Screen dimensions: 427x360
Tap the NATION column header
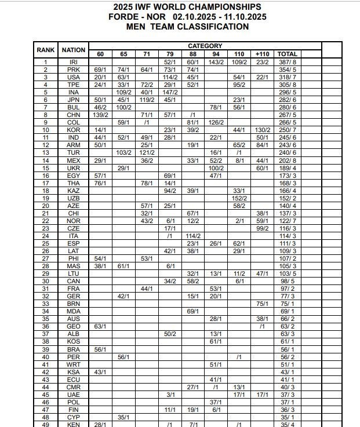(x=74, y=50)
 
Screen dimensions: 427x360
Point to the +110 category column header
(x=262, y=54)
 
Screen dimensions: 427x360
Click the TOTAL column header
(x=288, y=54)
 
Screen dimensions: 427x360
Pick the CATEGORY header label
(x=205, y=46)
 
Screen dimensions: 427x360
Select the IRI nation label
(x=74, y=61)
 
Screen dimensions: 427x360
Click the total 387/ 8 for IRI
(x=288, y=61)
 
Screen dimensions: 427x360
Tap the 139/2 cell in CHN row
(x=100, y=115)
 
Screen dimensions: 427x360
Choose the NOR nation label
(x=74, y=221)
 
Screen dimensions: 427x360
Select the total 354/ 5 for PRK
(x=288, y=69)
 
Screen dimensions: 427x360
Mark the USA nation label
(x=74, y=76)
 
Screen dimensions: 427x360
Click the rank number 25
(x=46, y=243)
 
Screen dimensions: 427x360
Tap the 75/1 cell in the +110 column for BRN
(x=262, y=304)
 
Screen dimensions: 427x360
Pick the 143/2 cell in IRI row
(x=216, y=61)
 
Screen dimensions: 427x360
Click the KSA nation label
(x=74, y=371)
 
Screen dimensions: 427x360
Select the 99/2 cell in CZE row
(x=262, y=228)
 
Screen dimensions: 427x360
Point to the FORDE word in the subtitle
(x=123, y=16)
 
